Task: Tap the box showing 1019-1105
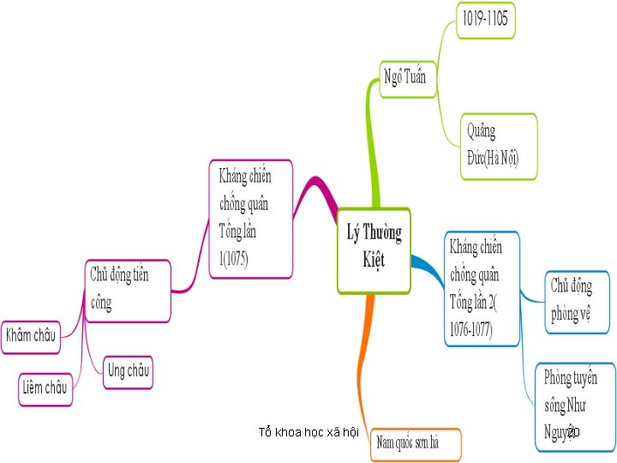pos(487,21)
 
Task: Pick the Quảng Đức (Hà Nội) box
pos(499,146)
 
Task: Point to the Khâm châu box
pos(31,334)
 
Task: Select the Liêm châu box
pos(45,388)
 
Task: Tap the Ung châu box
pos(128,371)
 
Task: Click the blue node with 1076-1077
pos(481,289)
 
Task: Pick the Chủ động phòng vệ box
pos(579,300)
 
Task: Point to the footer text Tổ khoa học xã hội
pos(308,432)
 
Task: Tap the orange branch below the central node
pos(364,360)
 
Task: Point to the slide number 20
pos(573,433)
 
